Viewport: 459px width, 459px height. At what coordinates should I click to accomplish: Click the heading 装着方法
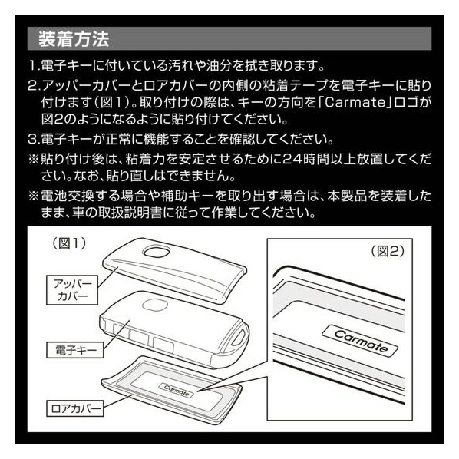74,39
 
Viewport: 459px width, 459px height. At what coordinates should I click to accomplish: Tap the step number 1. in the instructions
35,65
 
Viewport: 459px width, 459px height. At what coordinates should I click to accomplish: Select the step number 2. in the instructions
35,85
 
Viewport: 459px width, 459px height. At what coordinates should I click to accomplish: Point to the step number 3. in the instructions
35,139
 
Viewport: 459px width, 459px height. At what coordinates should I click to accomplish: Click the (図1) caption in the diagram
69,243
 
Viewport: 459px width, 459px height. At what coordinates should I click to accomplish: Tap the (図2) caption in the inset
388,251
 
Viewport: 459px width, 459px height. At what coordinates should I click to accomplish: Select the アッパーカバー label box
72,290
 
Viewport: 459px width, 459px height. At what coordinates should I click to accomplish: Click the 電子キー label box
75,350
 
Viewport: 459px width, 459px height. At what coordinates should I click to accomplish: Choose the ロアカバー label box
75,408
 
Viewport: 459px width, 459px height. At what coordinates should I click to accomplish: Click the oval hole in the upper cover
157,251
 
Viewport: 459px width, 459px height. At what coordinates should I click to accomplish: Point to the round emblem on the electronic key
155,305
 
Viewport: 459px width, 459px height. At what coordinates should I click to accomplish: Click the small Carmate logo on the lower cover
177,391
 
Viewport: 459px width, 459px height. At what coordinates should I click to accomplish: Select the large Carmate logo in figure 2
360,341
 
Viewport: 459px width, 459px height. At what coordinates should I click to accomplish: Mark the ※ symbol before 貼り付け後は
33,159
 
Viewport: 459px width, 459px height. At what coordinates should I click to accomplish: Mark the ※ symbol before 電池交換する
33,196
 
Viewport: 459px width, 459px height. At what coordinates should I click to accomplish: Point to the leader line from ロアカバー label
117,402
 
